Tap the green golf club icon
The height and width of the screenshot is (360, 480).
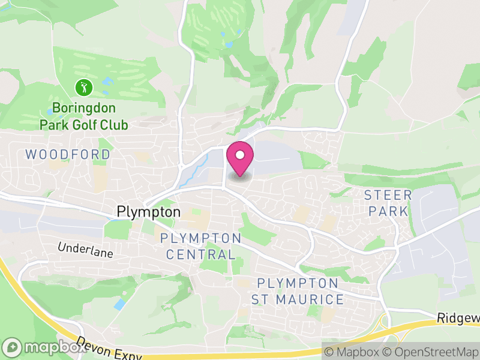point(84,88)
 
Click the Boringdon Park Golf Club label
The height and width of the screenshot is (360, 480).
point(83,116)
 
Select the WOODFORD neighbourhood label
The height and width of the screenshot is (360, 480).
point(68,155)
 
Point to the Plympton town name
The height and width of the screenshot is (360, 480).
point(148,212)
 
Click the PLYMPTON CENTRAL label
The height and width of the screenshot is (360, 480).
point(200,246)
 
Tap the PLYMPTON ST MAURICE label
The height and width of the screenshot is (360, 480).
point(298,291)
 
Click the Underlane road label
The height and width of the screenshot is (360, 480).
point(85,250)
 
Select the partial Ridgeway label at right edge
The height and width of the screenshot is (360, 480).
point(458,317)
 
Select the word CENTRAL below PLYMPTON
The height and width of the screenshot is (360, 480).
point(201,254)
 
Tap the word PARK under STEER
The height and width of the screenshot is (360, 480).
point(388,211)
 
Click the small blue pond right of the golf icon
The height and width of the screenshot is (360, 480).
point(107,80)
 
